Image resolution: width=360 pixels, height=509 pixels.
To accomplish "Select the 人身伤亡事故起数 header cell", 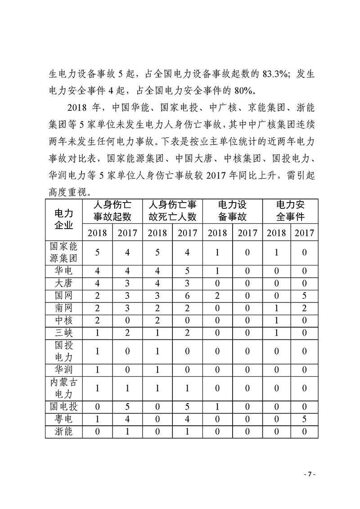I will click(112, 211).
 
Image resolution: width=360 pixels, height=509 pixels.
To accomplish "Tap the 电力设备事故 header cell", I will click(232, 211).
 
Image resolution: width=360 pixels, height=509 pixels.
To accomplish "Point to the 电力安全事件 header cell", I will click(290, 211).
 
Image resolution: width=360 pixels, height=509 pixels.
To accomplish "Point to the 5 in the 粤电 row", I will click(304, 420).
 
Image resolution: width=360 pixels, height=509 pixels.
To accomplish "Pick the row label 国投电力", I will click(63, 351).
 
